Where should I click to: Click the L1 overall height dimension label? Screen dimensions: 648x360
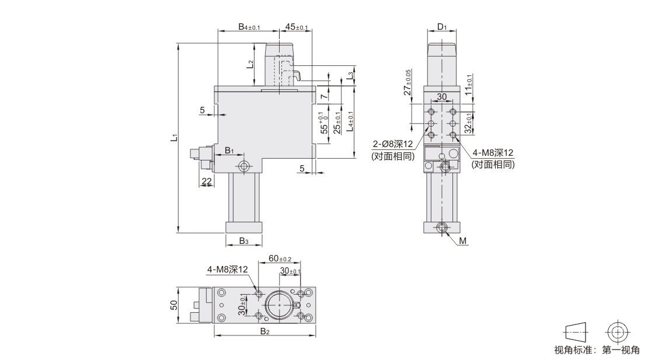[x=175, y=138]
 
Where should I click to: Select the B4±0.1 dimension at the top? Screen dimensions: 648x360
[x=249, y=27]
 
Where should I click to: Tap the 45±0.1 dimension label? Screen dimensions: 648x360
[x=297, y=27]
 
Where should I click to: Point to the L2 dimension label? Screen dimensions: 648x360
[x=250, y=64]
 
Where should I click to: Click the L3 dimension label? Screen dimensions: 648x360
[x=350, y=76]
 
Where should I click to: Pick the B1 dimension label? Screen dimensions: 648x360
[x=229, y=151]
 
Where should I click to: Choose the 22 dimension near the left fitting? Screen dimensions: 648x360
[x=206, y=181]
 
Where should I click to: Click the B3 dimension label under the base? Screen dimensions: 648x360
[x=244, y=241]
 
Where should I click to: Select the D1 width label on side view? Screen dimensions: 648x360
[x=442, y=27]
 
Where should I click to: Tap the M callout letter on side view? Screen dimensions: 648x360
[x=463, y=241]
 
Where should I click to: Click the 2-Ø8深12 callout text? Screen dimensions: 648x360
[x=393, y=144]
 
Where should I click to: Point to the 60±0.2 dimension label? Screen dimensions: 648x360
[x=280, y=258]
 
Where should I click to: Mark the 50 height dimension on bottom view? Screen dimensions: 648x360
[x=174, y=305]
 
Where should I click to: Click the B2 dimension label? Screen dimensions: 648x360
[x=265, y=331]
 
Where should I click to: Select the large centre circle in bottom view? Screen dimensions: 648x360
[x=280, y=305]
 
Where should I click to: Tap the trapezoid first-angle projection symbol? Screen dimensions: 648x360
[x=575, y=332]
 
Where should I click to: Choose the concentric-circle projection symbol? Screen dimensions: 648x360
[x=618, y=332]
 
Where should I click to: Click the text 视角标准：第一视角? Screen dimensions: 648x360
[x=597, y=350]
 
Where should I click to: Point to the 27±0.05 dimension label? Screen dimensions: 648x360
[x=407, y=82]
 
